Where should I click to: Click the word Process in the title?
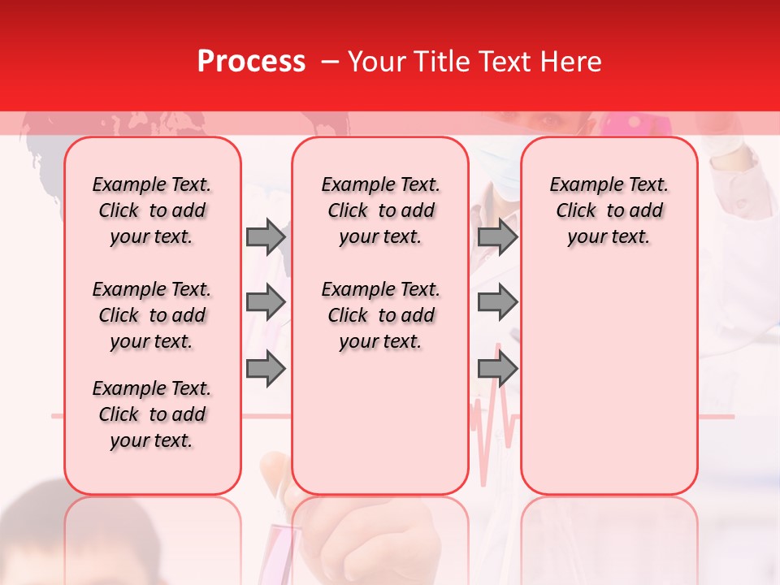pos(251,62)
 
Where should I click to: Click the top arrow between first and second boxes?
pos(266,237)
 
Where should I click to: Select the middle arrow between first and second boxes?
pos(266,303)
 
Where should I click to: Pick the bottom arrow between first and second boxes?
pos(266,369)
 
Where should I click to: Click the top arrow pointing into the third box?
pos(497,237)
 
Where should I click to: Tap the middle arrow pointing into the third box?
pos(497,303)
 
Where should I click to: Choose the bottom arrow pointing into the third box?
pos(497,369)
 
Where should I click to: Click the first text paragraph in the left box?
pos(152,210)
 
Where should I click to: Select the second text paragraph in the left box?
pos(152,315)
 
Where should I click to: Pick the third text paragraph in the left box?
pos(152,414)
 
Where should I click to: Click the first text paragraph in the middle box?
pos(380,210)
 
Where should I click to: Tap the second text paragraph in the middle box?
pos(380,315)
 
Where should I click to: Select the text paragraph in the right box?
pos(609,210)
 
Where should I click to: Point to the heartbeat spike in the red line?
pos(496,422)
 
